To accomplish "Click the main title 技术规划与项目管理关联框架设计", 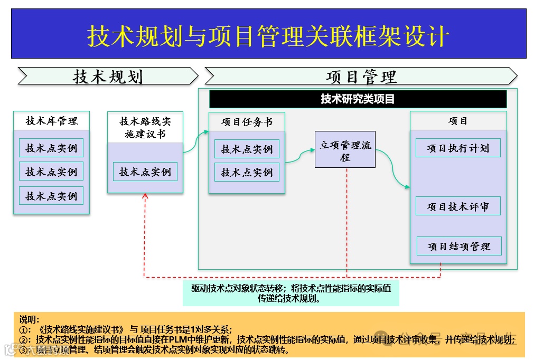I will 268,36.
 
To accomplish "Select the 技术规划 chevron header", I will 108,77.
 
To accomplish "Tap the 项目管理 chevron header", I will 361,77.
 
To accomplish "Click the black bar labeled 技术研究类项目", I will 358,99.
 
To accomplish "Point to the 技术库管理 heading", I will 51,121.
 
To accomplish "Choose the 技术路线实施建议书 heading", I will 145,127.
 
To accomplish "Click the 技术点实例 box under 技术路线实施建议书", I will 145,172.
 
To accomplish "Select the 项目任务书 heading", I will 247,122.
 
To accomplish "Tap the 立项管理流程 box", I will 345,150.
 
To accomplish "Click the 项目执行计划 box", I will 458,148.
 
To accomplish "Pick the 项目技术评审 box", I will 458,206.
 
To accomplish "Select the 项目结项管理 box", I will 458,247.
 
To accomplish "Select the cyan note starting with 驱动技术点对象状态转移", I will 291,293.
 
